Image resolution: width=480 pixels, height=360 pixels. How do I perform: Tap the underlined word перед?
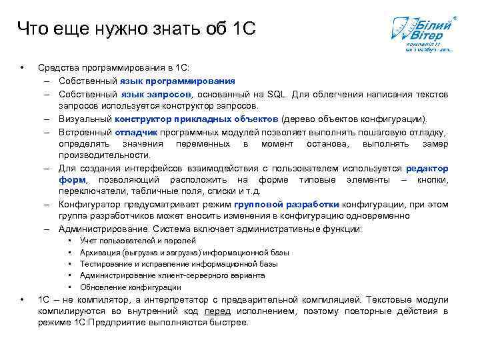217,311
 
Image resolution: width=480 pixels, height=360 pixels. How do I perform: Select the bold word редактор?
427,169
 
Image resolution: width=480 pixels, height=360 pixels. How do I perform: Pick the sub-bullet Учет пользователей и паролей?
137,241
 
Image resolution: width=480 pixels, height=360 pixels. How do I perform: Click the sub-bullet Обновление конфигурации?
130,287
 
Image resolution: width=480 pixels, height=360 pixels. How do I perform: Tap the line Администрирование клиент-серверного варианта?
172,275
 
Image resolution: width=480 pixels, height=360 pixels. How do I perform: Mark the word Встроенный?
85,132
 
